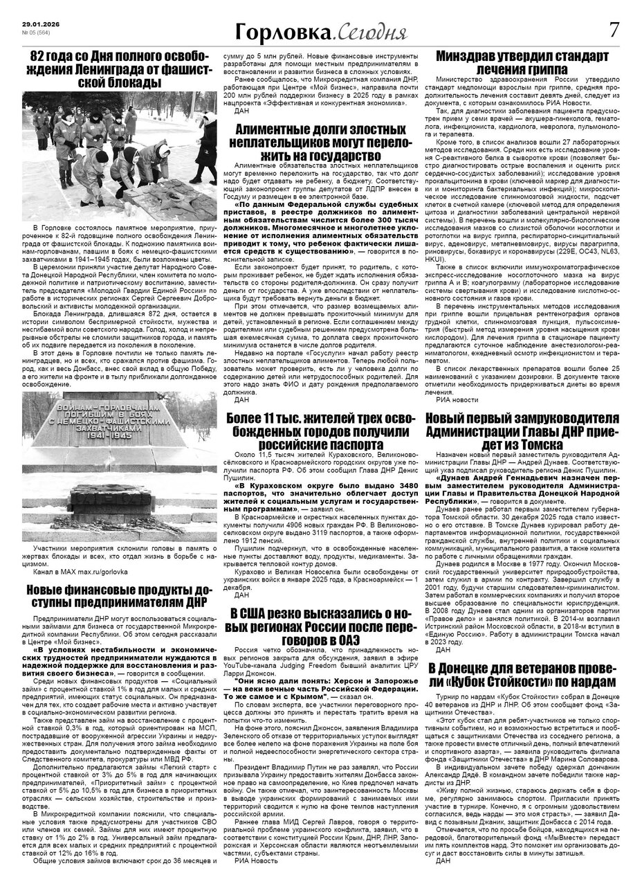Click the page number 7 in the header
(614, 30)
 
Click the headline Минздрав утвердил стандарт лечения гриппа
(522, 62)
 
